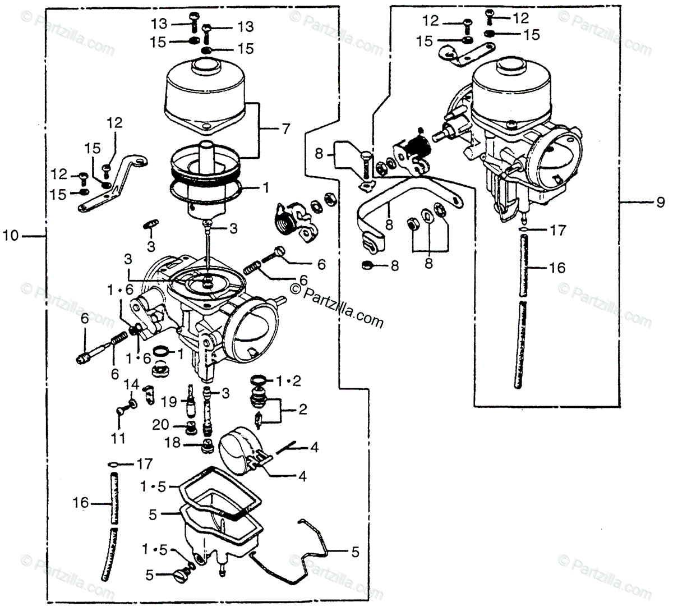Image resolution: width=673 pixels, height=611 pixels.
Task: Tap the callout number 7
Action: tap(286, 129)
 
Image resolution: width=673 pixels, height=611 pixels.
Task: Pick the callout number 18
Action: tap(172, 443)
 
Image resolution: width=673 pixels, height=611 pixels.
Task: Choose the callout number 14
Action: tap(131, 385)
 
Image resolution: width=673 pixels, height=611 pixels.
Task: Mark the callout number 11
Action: tap(118, 438)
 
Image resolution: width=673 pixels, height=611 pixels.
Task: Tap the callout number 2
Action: tap(303, 410)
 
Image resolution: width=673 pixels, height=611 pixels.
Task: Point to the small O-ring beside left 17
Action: tap(112, 464)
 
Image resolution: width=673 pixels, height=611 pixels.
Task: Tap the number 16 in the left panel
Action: tap(81, 502)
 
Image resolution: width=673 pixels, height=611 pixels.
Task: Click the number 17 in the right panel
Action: tap(559, 230)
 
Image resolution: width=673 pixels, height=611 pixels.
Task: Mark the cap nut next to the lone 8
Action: tap(365, 265)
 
